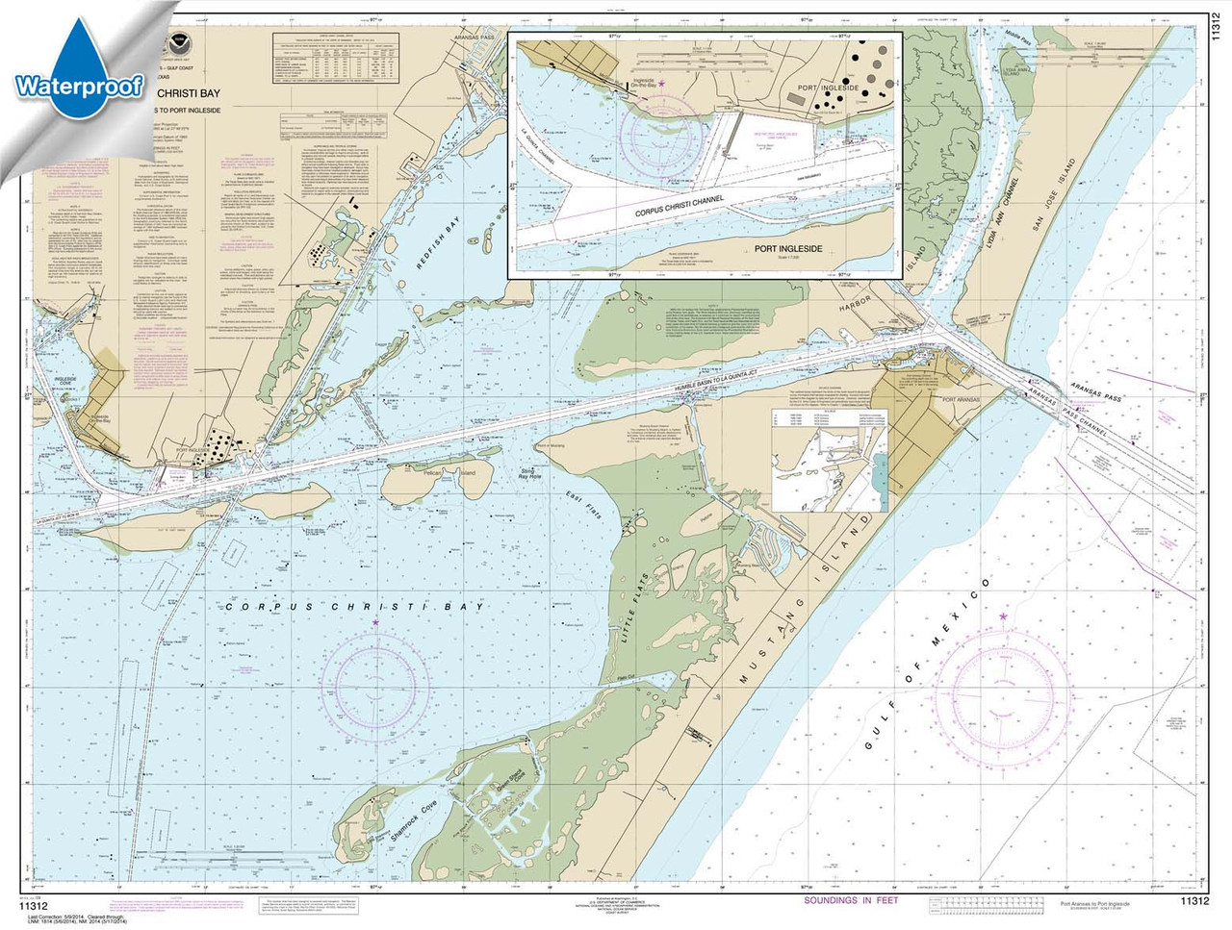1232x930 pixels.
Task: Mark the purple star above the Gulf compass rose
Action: coord(1003,616)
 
